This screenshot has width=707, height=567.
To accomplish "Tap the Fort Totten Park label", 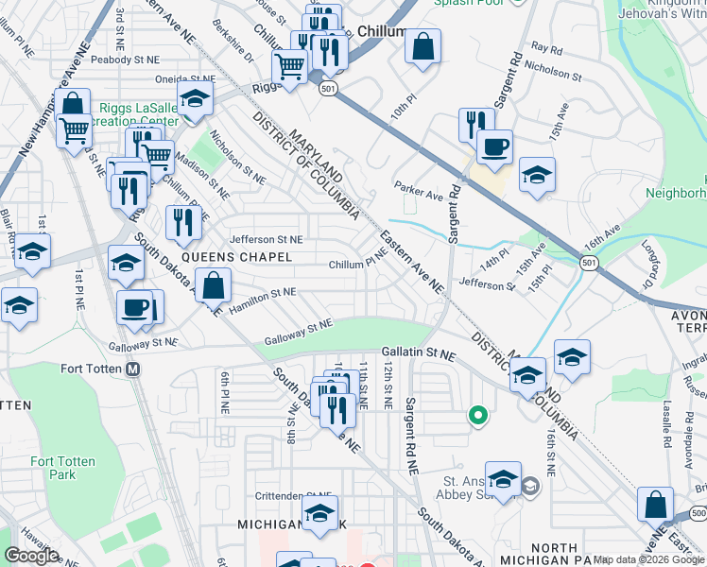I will [53, 468].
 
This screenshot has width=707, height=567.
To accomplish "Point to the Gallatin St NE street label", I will [419, 353].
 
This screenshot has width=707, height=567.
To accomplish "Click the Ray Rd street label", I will [546, 46].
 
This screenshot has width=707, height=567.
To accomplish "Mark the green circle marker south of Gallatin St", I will [478, 414].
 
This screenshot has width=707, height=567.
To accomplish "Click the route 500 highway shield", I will [698, 511].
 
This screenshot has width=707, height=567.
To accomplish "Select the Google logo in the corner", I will [31, 556].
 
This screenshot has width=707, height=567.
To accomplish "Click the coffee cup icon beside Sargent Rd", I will [493, 146].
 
